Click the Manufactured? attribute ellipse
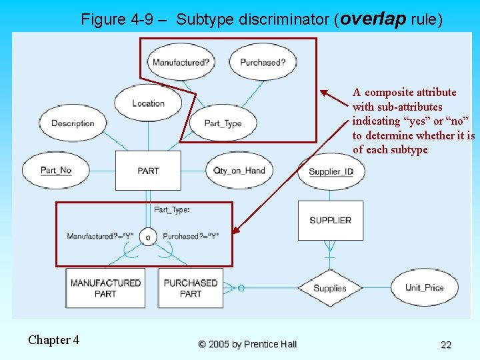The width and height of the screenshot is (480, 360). point(180,63)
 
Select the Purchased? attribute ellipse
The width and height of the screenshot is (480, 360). point(263,63)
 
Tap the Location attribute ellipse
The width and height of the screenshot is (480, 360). point(148,103)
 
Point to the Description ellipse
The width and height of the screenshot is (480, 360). point(73,123)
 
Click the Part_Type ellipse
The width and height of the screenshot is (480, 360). point(223,123)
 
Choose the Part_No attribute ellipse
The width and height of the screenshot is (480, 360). point(56,171)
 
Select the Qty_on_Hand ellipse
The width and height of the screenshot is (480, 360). point(239,171)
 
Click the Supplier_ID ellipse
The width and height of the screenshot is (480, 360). point(331,171)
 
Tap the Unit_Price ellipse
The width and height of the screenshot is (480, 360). point(424,288)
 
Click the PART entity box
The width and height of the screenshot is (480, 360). point(147,171)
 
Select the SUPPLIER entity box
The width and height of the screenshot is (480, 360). point(330,221)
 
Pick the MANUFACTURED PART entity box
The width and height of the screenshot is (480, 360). point(105,288)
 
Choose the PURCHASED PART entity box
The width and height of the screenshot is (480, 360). point(191,288)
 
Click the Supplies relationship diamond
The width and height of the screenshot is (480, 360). point(330,288)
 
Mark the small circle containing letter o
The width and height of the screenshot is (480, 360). point(148,237)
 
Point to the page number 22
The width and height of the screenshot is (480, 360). point(446,345)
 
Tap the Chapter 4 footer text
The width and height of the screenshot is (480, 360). point(53,340)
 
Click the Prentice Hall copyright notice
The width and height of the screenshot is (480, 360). point(247,345)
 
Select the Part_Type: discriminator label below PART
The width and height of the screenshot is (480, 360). point(172,210)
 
